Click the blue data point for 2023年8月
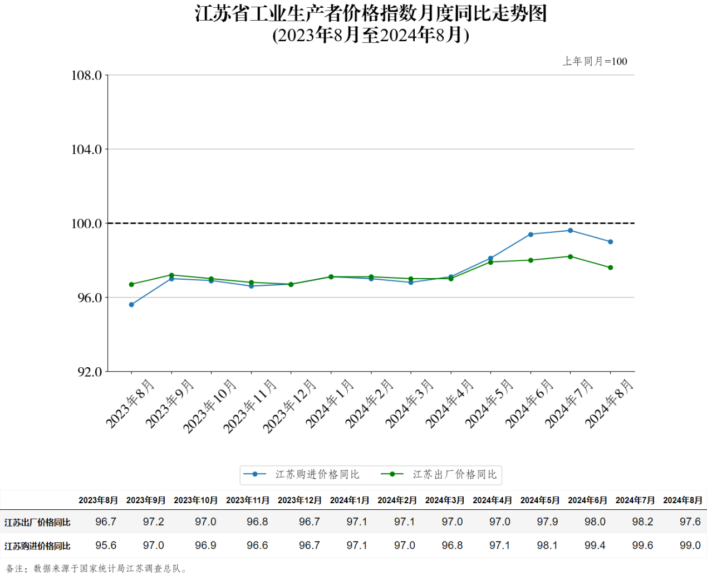[x=131, y=305]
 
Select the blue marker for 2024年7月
[x=570, y=231]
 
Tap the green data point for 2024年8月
[x=610, y=267]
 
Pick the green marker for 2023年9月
[x=171, y=275]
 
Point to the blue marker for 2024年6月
[x=531, y=235]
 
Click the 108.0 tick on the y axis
[x=87, y=75]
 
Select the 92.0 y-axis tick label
[x=90, y=372]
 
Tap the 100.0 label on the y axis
[x=87, y=223]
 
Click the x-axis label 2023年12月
[x=289, y=406]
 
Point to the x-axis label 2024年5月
[x=489, y=403]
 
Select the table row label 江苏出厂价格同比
[x=37, y=523]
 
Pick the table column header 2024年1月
[x=350, y=500]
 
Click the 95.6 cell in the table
[x=106, y=546]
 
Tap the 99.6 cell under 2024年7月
[x=642, y=546]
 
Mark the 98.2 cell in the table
[x=642, y=522]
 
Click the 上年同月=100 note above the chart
[x=595, y=61]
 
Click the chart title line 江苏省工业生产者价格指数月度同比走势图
[x=371, y=13]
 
